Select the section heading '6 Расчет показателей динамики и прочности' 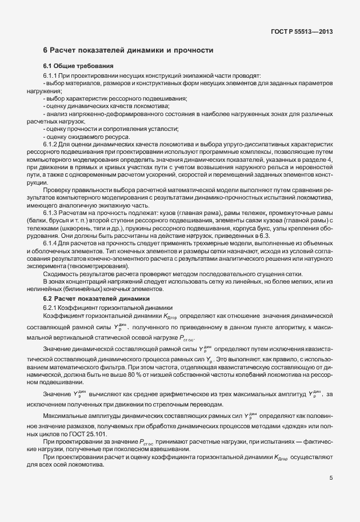point(128,51)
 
